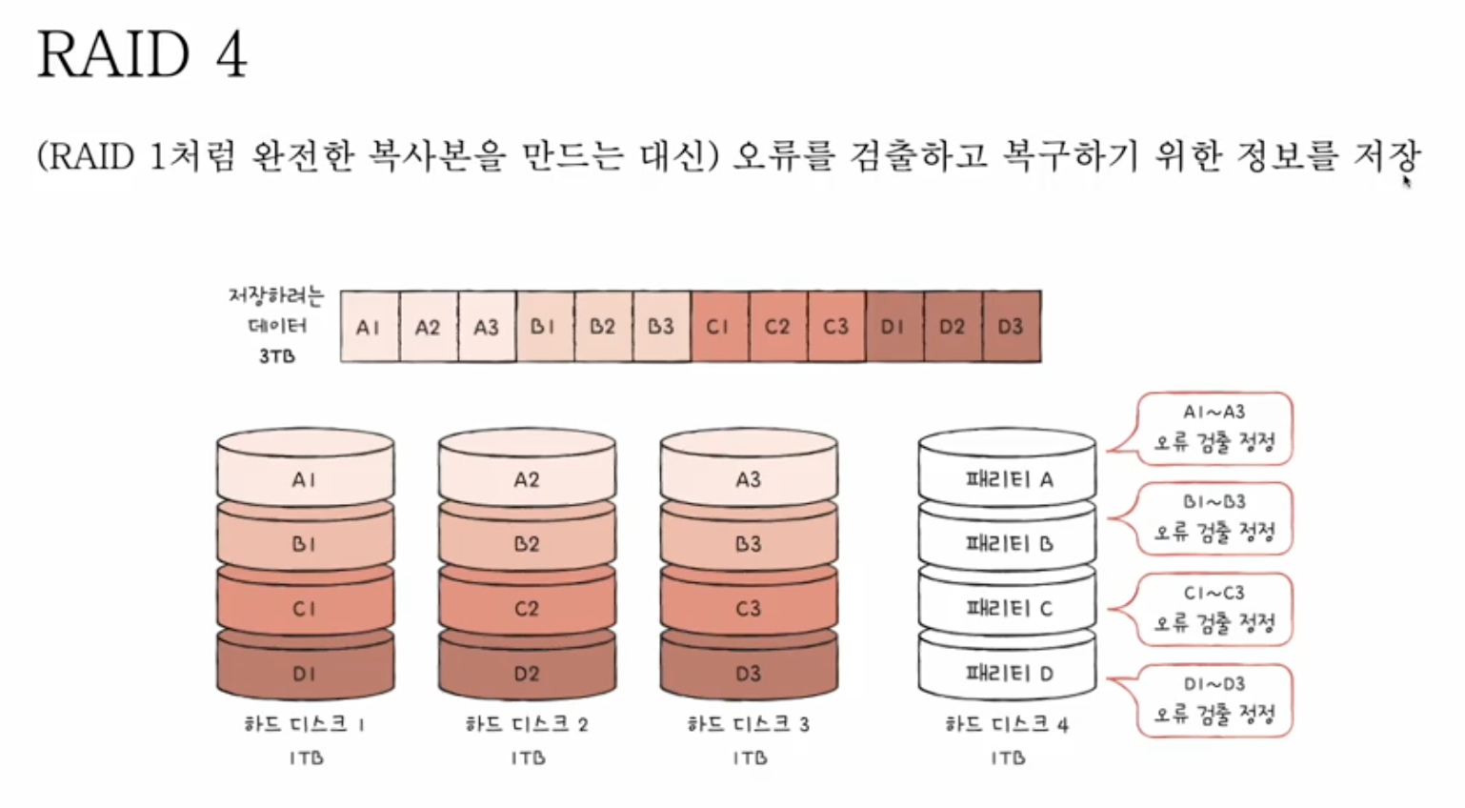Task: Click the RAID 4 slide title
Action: pos(142,54)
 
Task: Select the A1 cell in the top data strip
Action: pos(369,327)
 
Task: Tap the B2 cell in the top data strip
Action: pos(602,327)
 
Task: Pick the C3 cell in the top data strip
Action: pos(835,327)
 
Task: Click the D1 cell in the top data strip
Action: pos(893,327)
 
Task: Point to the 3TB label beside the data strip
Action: pos(276,356)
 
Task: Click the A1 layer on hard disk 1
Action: pos(304,479)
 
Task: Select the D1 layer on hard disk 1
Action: pos(304,673)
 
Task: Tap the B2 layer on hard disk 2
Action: pos(527,544)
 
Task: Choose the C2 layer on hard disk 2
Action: pos(527,608)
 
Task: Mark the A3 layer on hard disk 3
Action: pos(748,479)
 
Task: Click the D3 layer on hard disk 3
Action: pos(748,673)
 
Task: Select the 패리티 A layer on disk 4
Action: pos(1008,479)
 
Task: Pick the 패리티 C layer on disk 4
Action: pos(1008,608)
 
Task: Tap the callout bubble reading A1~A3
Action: pos(1214,428)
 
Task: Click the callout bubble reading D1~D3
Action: pos(1214,700)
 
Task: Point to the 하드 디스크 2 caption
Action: pos(527,724)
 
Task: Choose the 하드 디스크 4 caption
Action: pos(1007,724)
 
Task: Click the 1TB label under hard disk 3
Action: pos(750,758)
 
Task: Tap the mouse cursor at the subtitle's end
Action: pos(1406,181)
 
